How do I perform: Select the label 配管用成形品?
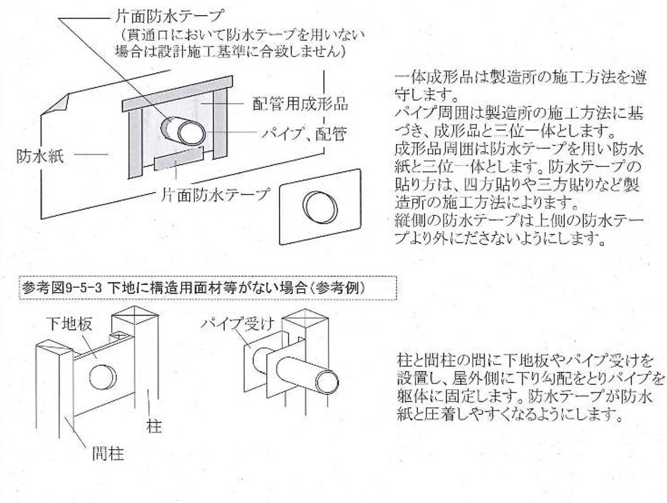pyautogui.click(x=300, y=104)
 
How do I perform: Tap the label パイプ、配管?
pyautogui.click(x=302, y=134)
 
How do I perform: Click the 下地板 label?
pyautogui.click(x=69, y=324)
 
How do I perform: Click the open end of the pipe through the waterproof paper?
pyautogui.click(x=189, y=132)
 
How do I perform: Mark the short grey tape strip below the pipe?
pyautogui.click(x=179, y=158)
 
